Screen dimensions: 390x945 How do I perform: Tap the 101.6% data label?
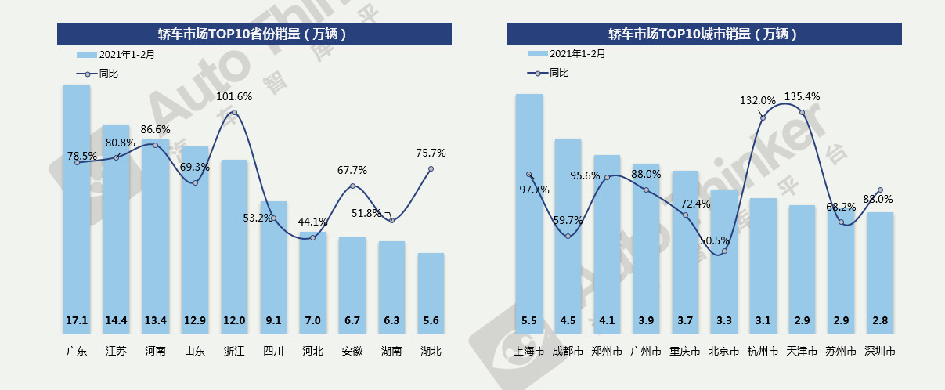click(235, 96)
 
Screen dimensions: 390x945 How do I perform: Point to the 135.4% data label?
click(802, 96)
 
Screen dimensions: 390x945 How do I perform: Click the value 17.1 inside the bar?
click(77, 320)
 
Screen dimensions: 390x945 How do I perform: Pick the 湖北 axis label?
click(431, 352)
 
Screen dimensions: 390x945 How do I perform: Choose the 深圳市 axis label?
click(880, 352)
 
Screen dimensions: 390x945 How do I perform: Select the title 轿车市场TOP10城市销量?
click(704, 34)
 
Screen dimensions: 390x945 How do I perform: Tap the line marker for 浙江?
click(235, 113)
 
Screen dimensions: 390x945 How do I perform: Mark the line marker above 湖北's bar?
click(431, 169)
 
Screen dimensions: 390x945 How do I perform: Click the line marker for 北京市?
click(724, 251)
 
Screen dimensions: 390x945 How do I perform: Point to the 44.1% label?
click(313, 222)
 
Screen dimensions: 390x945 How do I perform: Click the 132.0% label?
click(758, 100)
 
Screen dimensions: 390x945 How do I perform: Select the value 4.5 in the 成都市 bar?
click(568, 320)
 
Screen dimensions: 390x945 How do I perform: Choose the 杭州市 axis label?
click(763, 352)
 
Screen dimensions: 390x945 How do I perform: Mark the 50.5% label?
click(714, 240)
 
